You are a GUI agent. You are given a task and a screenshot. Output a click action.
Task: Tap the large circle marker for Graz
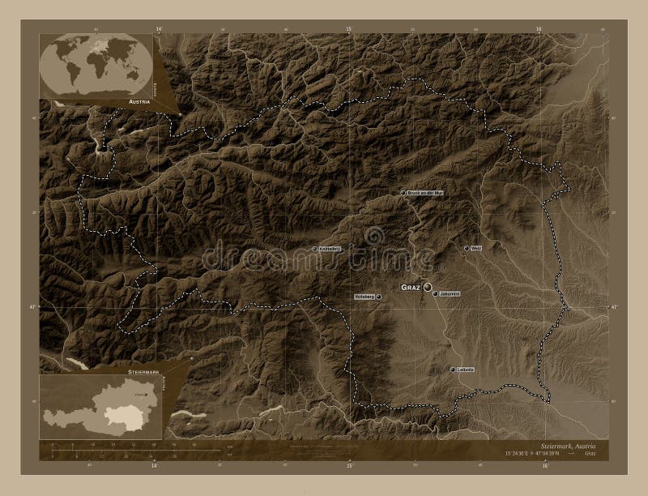point(427,287)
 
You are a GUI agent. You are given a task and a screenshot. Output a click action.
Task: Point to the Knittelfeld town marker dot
point(315,249)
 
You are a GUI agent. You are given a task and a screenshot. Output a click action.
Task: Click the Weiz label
point(476,248)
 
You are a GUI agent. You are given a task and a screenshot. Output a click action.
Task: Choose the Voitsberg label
point(364,297)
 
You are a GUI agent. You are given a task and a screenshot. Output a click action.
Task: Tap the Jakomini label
point(450,293)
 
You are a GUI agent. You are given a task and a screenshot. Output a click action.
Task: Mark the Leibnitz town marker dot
point(452,370)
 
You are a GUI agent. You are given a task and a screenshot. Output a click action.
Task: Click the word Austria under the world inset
point(140,102)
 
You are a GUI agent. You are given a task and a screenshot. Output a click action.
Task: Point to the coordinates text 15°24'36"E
point(518,455)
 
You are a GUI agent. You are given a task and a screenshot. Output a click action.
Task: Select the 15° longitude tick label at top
point(350,28)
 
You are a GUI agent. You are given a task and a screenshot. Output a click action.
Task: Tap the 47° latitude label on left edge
point(32,307)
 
